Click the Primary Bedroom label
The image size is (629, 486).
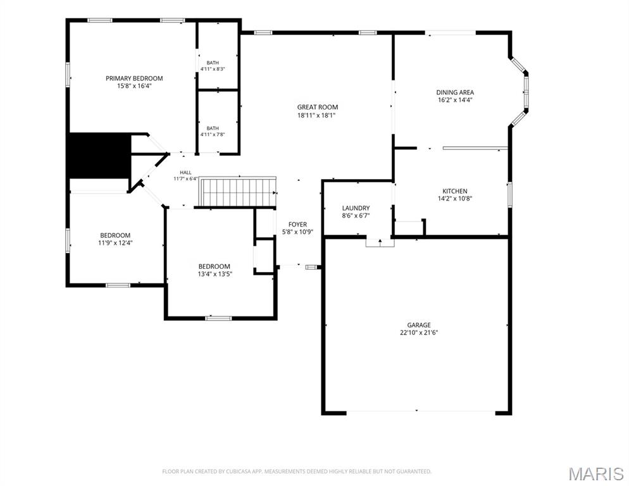(x=134, y=78)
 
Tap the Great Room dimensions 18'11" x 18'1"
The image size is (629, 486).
(x=317, y=116)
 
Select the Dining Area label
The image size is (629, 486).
(x=455, y=92)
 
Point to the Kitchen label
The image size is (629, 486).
(x=454, y=191)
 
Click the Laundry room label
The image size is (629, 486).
(x=356, y=208)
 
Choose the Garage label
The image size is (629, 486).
(x=419, y=325)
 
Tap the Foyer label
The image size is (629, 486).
(x=297, y=225)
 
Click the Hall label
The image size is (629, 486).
(x=185, y=173)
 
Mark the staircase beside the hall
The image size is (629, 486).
(x=238, y=192)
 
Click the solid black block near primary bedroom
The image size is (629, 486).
(x=99, y=155)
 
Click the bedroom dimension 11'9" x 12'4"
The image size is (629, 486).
(x=115, y=243)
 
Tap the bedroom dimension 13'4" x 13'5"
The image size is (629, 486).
(x=215, y=274)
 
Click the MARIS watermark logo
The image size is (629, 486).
(x=595, y=474)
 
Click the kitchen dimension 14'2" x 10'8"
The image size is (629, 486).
(x=454, y=198)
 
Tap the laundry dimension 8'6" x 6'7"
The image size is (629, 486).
(x=356, y=216)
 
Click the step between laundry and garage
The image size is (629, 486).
(x=380, y=243)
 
